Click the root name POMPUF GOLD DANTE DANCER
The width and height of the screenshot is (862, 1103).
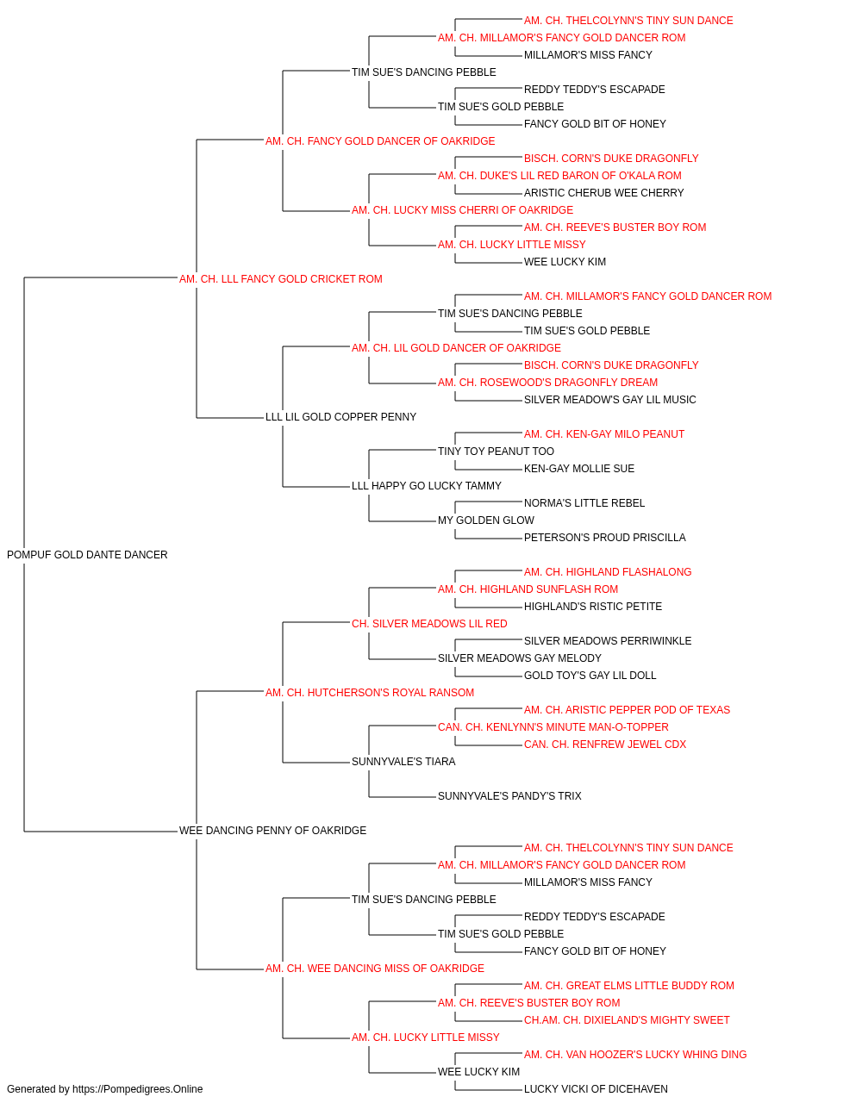coord(87,555)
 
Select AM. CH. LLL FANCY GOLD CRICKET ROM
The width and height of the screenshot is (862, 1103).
coord(281,279)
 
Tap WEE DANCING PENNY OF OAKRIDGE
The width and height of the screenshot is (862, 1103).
coord(272,831)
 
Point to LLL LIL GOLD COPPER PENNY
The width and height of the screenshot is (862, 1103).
coord(340,417)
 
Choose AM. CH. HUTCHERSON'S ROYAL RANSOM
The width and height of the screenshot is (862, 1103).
coord(370,692)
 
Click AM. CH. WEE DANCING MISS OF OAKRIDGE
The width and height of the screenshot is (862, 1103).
coord(375,969)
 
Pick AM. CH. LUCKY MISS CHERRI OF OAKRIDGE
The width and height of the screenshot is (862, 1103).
coord(463,210)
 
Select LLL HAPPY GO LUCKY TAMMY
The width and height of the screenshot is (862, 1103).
coord(427,486)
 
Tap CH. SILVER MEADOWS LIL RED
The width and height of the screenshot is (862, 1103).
coord(429,624)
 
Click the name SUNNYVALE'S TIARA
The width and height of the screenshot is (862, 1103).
coord(403,762)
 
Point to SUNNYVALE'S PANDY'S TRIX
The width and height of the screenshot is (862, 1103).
coord(509,796)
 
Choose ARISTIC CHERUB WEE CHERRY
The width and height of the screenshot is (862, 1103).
coord(604,193)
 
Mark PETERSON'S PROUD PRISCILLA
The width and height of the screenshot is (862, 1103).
coord(604,538)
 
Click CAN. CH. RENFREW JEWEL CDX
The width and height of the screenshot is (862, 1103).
coord(605,745)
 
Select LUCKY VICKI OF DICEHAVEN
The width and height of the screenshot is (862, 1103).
coord(596,1089)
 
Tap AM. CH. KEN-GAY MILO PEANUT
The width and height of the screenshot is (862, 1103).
coord(604,434)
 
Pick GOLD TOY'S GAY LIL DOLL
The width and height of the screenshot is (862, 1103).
coord(590,675)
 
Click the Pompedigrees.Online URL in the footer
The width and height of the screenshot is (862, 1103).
coord(138,1089)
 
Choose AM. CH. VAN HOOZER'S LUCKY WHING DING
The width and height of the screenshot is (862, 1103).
coord(635,1054)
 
